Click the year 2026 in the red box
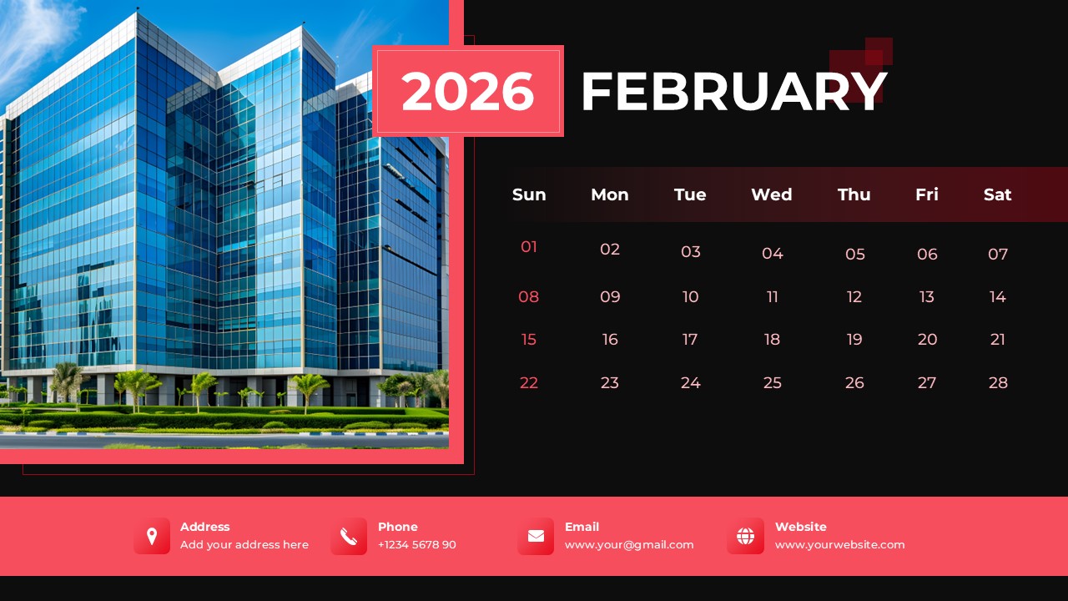pyautogui.click(x=467, y=91)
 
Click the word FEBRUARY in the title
pyautogui.click(x=733, y=91)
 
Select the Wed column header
pyautogui.click(x=771, y=194)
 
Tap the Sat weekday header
pyautogui.click(x=997, y=194)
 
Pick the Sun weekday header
pyautogui.click(x=529, y=194)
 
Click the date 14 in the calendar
pyautogui.click(x=997, y=296)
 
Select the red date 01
pyautogui.click(x=529, y=247)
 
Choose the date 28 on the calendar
pyautogui.click(x=998, y=382)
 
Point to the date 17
pyautogui.click(x=690, y=339)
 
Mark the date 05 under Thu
pyautogui.click(x=855, y=254)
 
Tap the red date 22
pyautogui.click(x=529, y=382)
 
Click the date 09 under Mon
pyautogui.click(x=610, y=296)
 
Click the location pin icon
pyautogui.click(x=152, y=536)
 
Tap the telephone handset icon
pyautogui.click(x=349, y=536)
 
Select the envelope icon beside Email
pyautogui.click(x=536, y=536)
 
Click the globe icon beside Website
pyautogui.click(x=745, y=536)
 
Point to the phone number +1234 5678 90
pyautogui.click(x=416, y=545)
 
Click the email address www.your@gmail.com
pyautogui.click(x=629, y=545)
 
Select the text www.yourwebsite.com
pyautogui.click(x=839, y=545)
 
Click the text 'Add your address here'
pyautogui.click(x=244, y=545)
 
